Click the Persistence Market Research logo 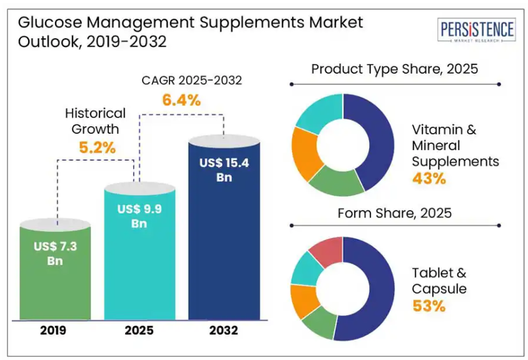[477, 31]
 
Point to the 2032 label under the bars [224, 331]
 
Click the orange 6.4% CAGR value [182, 99]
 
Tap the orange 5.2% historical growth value [97, 148]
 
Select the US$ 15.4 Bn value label [224, 170]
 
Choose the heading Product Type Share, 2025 [395, 69]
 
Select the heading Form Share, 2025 [395, 213]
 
